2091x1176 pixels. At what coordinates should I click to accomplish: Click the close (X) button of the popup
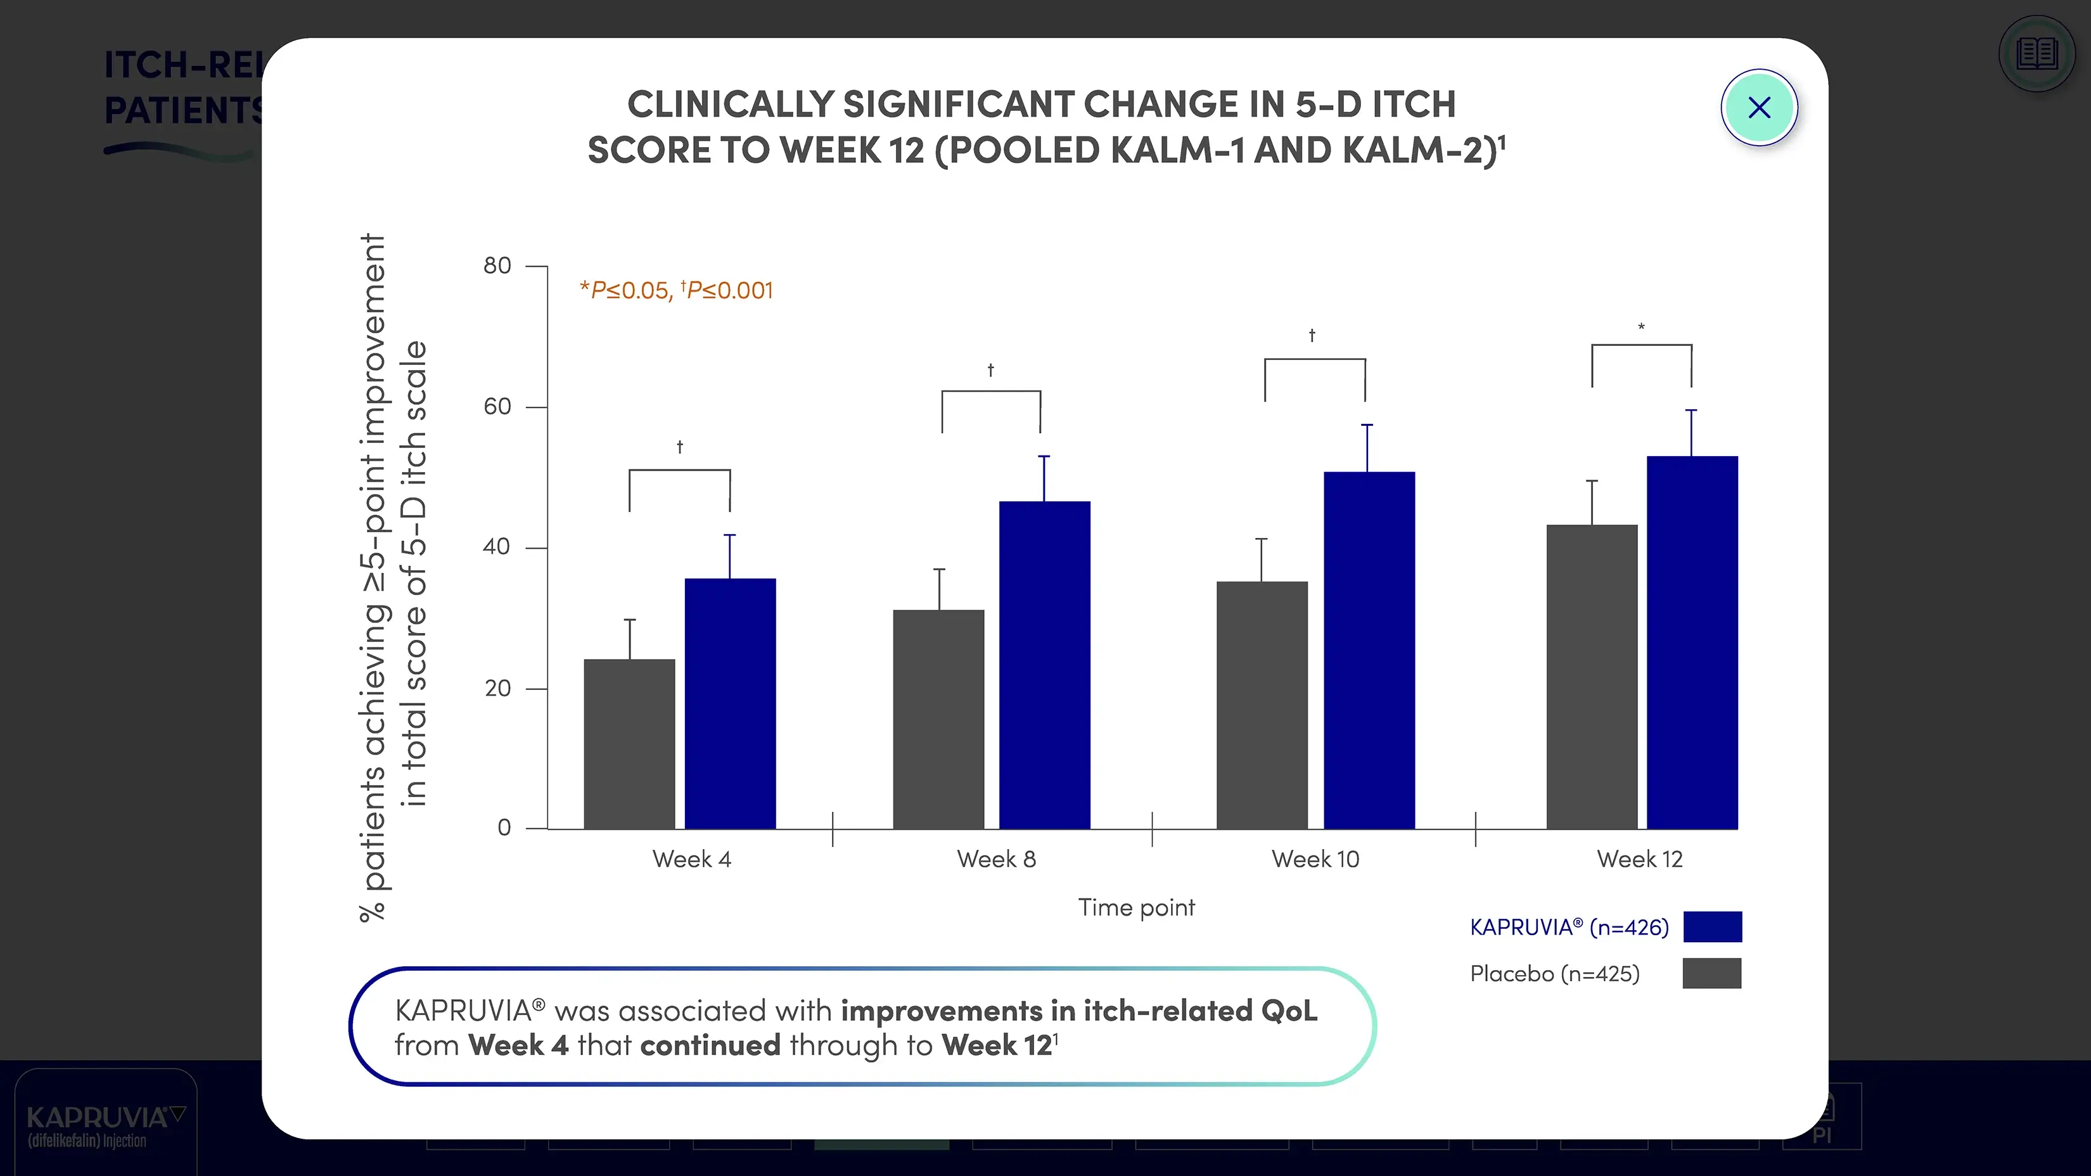point(1758,108)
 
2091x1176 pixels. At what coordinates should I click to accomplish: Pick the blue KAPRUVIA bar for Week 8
point(1044,665)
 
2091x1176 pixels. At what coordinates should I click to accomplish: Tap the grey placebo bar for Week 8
point(938,719)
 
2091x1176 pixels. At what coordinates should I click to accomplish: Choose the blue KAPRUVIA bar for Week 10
point(1369,650)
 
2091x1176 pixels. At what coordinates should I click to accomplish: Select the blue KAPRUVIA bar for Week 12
point(1692,642)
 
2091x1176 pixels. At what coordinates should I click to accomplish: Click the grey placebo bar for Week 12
point(1591,676)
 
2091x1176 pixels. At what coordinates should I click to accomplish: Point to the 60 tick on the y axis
point(497,407)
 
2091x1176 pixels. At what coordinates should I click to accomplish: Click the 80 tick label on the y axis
point(497,265)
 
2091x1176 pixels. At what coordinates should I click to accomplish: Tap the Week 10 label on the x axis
point(1315,859)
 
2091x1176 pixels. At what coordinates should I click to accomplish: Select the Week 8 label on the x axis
point(996,859)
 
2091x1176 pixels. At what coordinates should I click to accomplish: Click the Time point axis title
point(1135,907)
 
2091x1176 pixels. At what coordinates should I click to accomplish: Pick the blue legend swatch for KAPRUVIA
point(1712,926)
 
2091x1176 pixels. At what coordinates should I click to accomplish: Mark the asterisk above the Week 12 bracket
point(1640,327)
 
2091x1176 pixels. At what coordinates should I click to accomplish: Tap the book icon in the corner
point(2037,54)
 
